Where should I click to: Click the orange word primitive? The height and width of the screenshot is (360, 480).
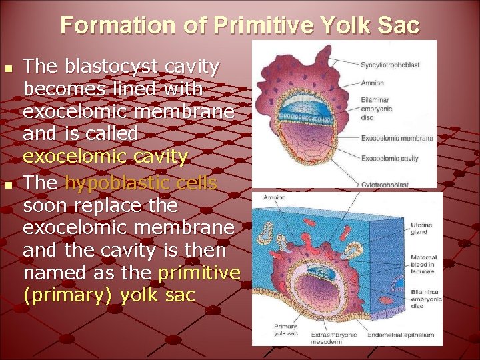point(199,272)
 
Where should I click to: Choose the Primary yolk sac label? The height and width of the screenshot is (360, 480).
point(285,330)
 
